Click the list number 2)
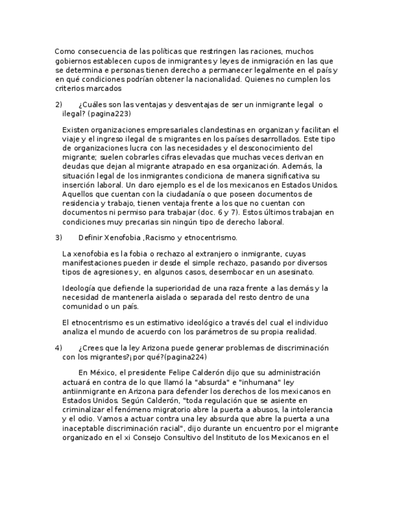[x=58, y=105]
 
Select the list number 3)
[x=58, y=238]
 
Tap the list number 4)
[x=58, y=348]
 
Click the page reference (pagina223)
[x=109, y=113]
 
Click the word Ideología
[x=81, y=288]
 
